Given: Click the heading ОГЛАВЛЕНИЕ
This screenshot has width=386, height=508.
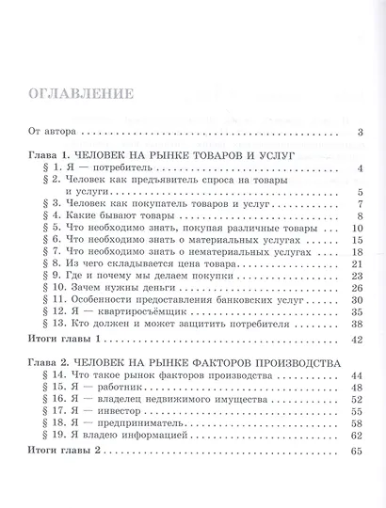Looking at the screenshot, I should point(77,96).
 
